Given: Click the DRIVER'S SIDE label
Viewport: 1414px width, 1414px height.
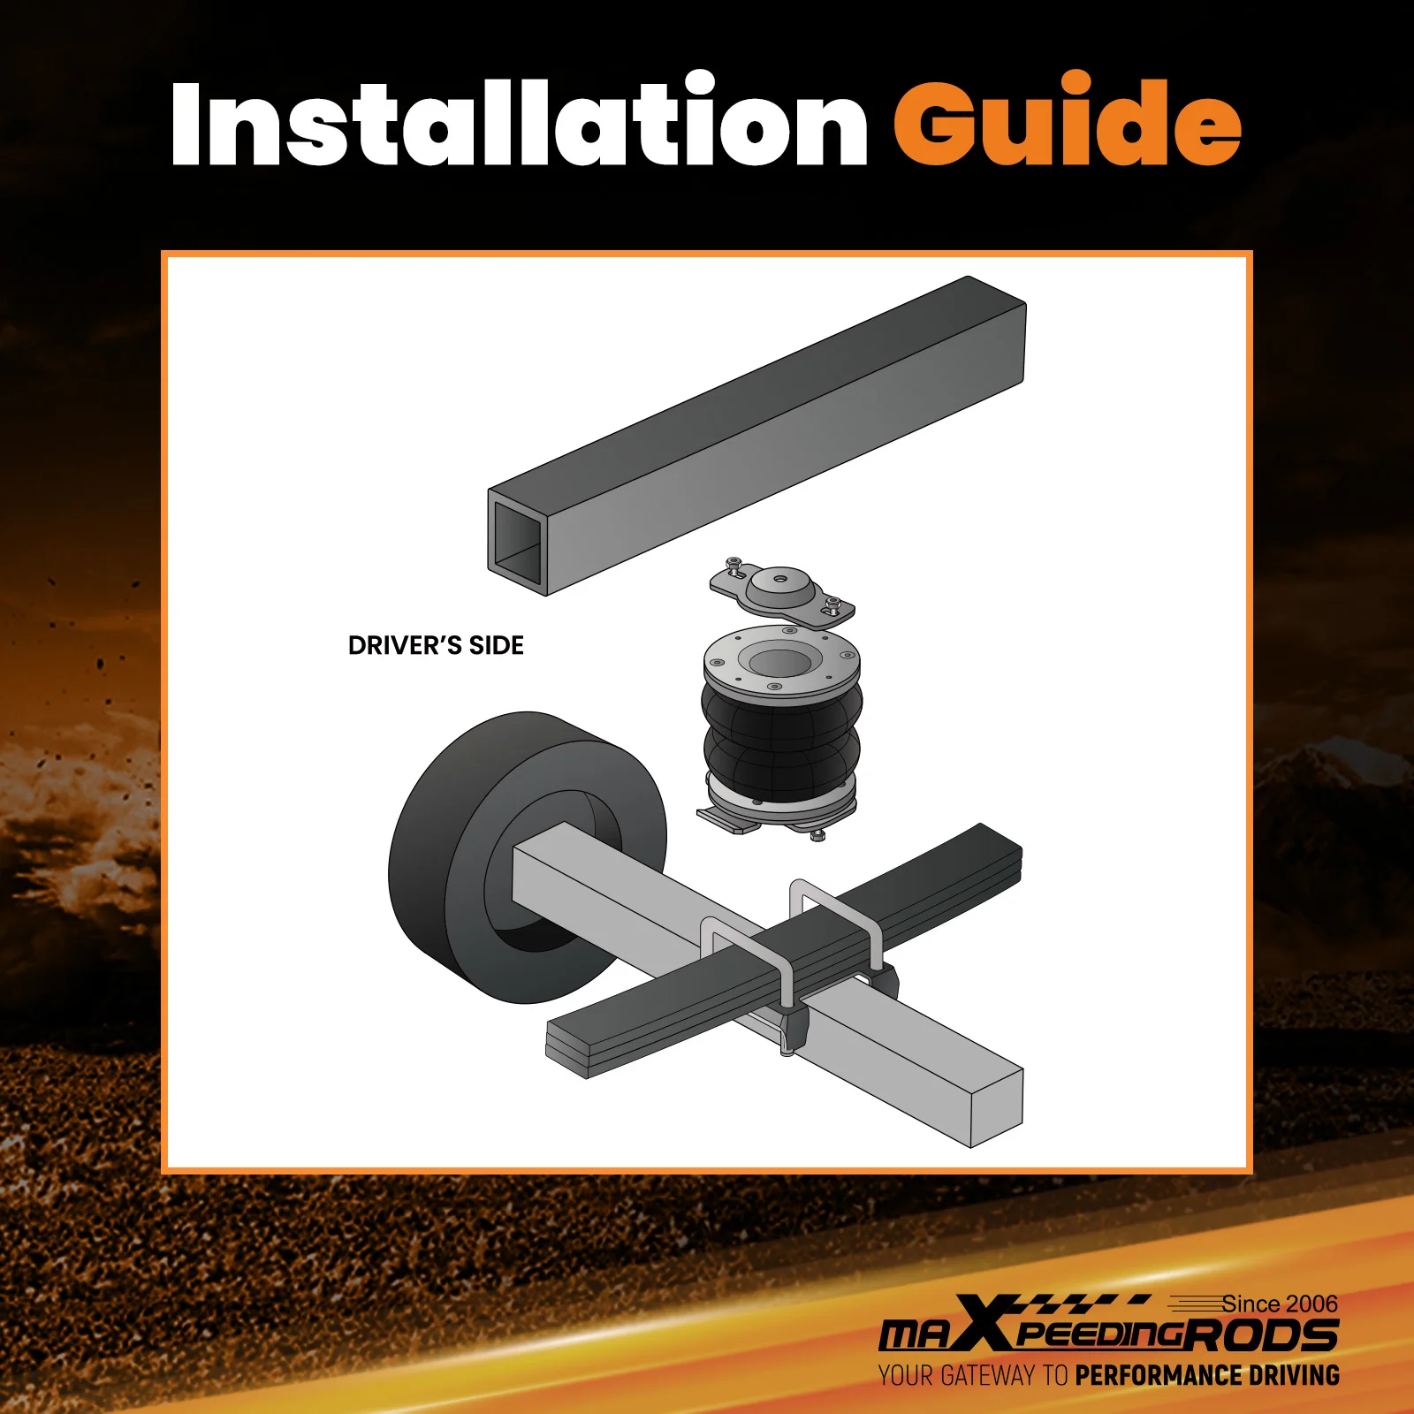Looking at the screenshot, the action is (436, 646).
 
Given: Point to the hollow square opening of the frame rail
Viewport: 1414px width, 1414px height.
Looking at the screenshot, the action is (517, 540).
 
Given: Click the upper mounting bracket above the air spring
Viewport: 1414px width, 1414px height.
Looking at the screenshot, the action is (782, 592).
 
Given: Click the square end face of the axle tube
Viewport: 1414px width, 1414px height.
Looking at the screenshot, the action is (997, 1108).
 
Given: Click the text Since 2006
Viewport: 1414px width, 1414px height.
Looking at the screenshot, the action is (1280, 1304).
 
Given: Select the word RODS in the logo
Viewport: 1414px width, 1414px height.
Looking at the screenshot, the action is (1260, 1335).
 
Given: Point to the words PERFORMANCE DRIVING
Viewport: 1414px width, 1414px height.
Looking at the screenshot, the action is (1207, 1376).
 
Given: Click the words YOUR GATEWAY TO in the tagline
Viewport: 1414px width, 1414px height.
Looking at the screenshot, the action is (973, 1376).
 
